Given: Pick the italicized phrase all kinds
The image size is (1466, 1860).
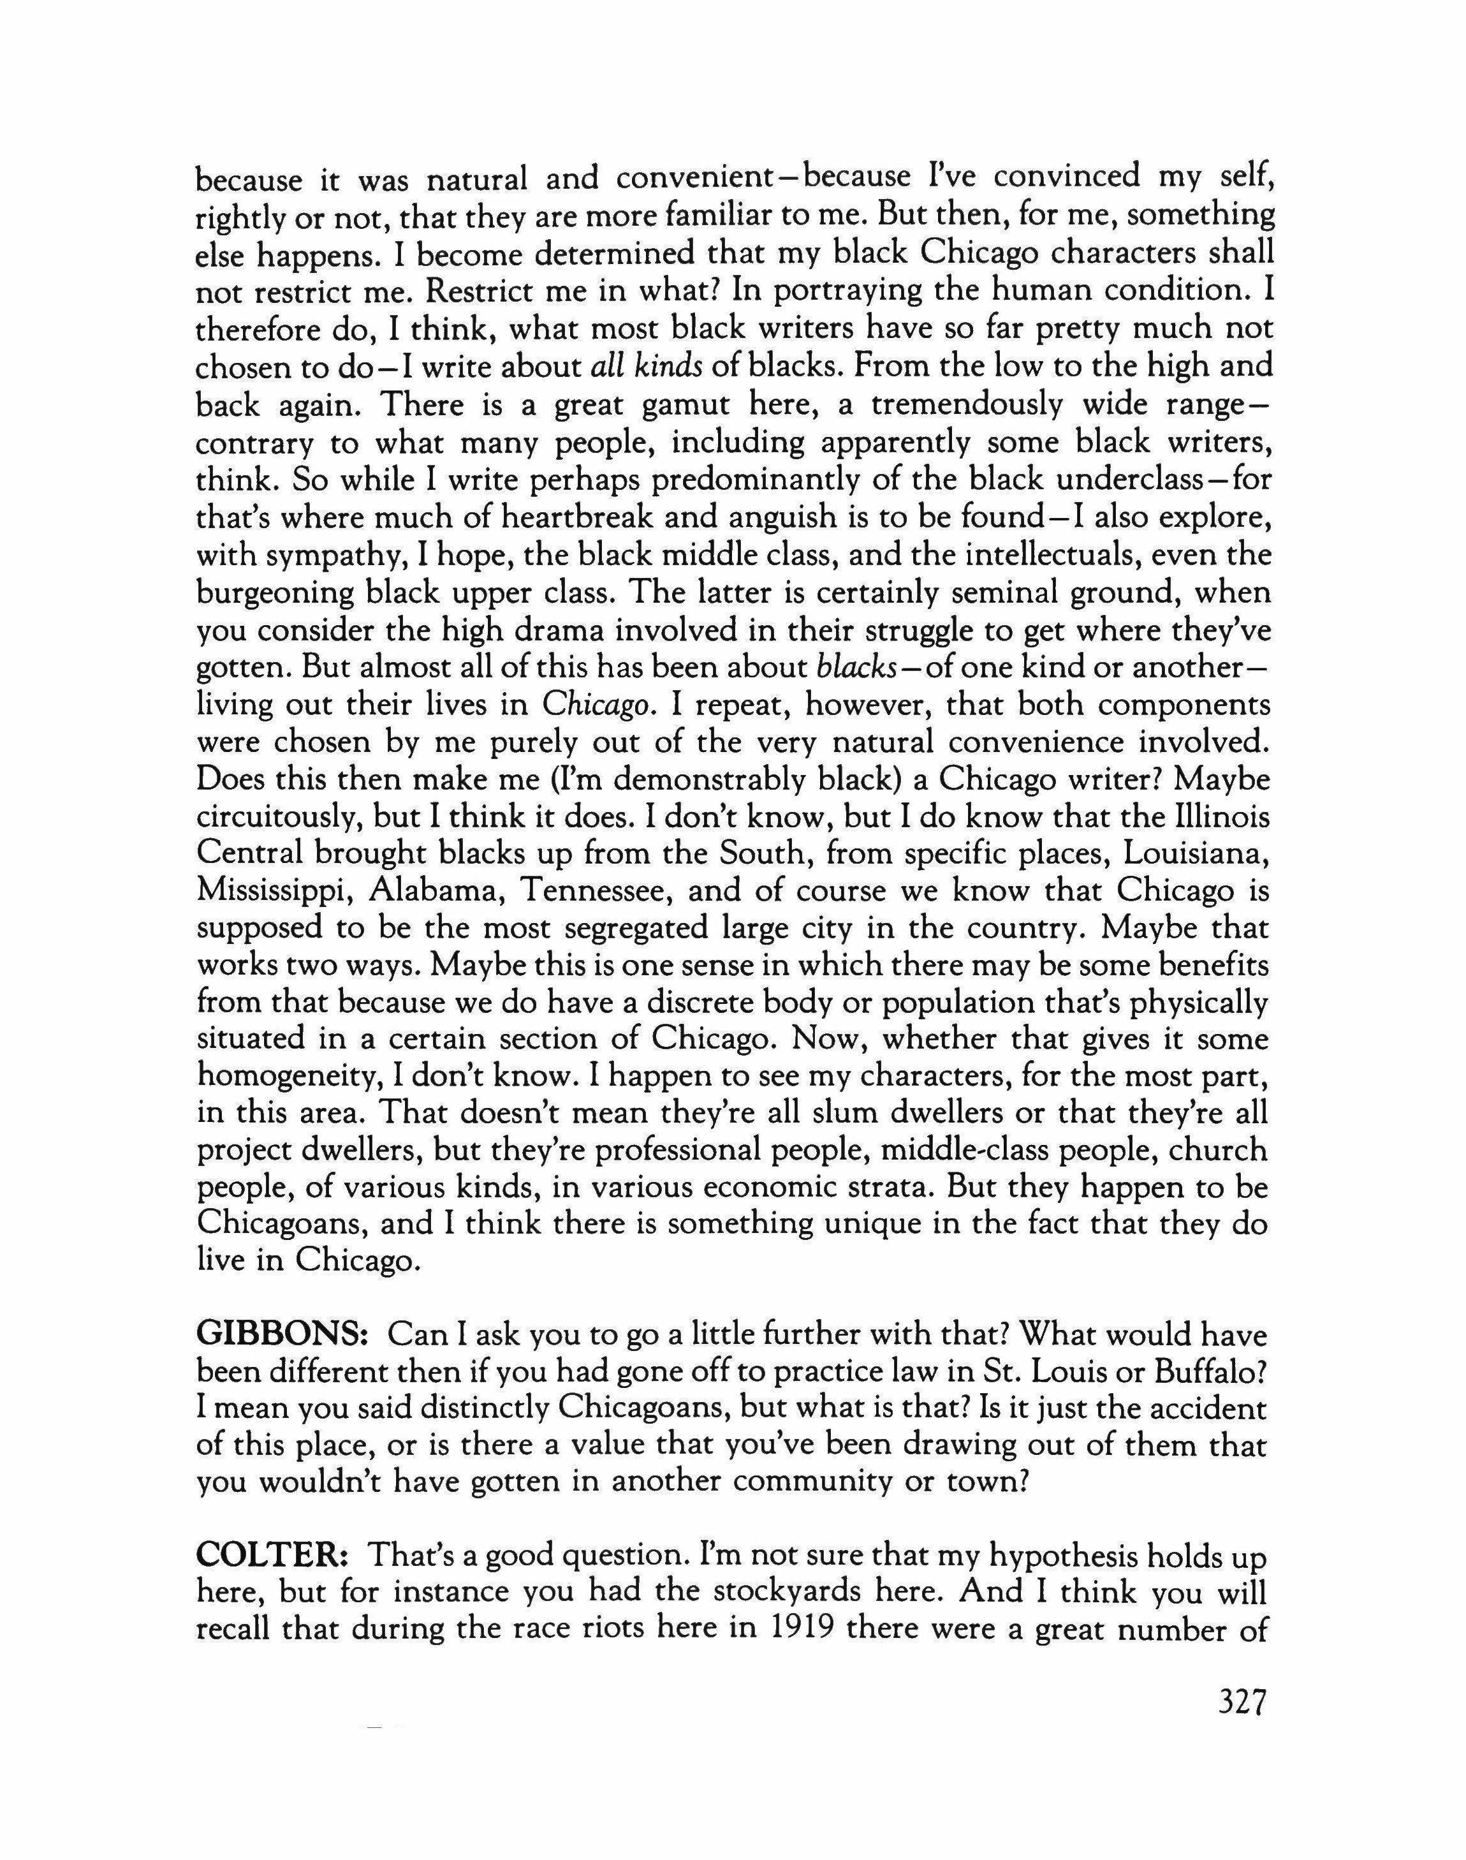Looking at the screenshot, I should point(647,367).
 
